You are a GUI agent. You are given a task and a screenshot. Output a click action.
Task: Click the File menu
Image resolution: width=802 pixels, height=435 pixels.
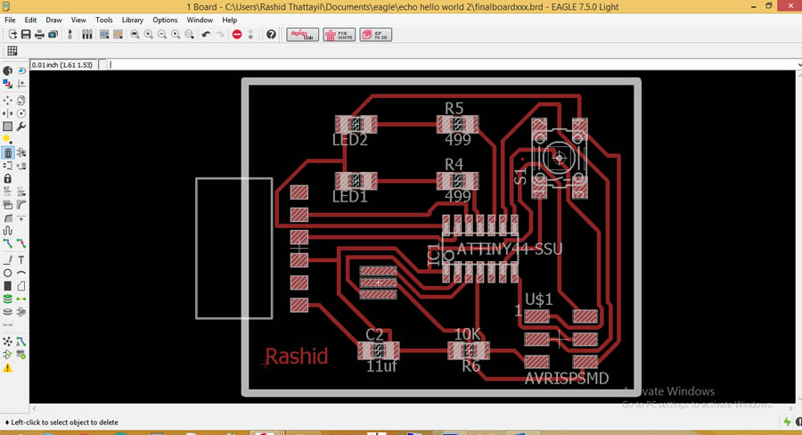point(10,20)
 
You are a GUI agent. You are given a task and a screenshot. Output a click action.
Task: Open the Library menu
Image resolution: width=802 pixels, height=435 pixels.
point(132,20)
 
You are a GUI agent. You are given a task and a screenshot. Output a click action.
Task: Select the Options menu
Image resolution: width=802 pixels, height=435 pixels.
point(165,20)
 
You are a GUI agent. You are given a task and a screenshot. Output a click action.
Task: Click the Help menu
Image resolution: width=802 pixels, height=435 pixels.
point(230,20)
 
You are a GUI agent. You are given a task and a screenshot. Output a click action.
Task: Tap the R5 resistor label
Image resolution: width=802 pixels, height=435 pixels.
point(454,109)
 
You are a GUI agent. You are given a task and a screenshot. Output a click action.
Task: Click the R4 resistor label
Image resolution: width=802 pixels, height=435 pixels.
point(454,165)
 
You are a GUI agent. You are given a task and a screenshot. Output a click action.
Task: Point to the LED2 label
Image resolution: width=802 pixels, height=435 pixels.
point(350,140)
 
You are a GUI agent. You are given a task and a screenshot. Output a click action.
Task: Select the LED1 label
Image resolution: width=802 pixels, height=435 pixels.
point(350,196)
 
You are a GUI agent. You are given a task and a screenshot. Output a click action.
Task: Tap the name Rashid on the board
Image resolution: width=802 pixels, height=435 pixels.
point(298,357)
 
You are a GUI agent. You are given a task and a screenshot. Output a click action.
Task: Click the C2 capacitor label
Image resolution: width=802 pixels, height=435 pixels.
point(375,335)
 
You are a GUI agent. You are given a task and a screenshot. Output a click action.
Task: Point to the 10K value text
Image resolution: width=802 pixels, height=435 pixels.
point(468,334)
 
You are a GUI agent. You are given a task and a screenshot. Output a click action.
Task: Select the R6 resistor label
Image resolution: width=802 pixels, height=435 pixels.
point(471,365)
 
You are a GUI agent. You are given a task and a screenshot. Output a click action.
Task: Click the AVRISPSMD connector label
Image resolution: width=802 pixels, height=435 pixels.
point(567,379)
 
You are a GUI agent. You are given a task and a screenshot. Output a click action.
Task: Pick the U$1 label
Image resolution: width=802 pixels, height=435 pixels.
point(539,300)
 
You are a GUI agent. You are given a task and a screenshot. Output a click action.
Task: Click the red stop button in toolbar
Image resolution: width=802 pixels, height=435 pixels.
point(237,35)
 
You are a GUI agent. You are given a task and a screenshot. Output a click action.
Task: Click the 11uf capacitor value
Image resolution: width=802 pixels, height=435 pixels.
point(382,365)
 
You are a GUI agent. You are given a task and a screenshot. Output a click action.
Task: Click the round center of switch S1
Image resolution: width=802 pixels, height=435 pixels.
point(559,159)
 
